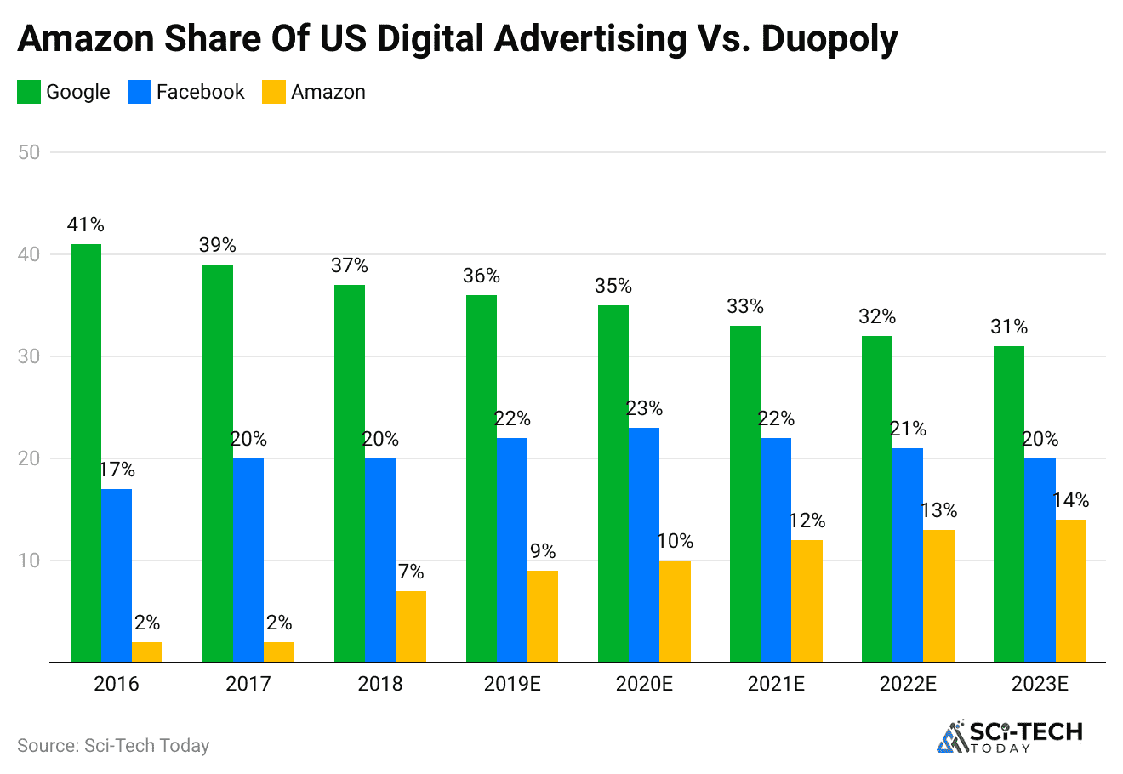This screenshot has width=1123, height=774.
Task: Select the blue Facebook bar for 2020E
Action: (x=644, y=544)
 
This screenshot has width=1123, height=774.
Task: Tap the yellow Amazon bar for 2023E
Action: (x=1070, y=590)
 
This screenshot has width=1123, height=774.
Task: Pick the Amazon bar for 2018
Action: (x=410, y=626)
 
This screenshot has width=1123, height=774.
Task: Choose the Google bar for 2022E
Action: (x=876, y=498)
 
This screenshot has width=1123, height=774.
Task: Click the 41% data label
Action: (x=85, y=225)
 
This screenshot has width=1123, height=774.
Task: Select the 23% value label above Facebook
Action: (x=644, y=408)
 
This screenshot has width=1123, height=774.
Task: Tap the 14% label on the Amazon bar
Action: (x=1070, y=500)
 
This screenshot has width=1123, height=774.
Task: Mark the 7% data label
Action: (x=410, y=572)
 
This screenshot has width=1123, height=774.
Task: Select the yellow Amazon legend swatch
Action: (x=273, y=92)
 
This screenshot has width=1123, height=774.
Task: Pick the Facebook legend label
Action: (x=200, y=92)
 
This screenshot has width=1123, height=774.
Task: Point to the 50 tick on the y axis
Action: (x=29, y=152)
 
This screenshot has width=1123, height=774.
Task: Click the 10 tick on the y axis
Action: (x=29, y=561)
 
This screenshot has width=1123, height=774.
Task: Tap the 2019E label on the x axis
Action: (x=511, y=684)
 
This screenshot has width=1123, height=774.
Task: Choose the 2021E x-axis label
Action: (x=775, y=684)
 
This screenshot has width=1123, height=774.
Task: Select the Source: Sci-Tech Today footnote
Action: (x=113, y=746)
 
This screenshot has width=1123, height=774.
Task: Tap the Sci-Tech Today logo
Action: (x=1010, y=737)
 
